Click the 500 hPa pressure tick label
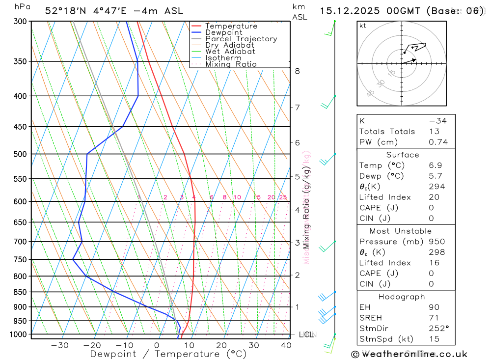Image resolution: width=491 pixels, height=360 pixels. [20, 154]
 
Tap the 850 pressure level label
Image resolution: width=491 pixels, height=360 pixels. [20, 292]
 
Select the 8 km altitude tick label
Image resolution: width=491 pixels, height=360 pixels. [297, 71]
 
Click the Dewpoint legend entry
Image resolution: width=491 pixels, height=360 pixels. [223, 32]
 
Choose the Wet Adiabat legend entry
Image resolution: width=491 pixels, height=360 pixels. [230, 52]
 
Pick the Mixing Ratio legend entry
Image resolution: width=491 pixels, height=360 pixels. [231, 64]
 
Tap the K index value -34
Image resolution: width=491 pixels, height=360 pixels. [437, 121]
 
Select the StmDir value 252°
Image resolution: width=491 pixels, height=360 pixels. [438, 329]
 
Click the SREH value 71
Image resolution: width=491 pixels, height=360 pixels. [434, 318]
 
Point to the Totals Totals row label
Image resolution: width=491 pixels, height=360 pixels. [387, 132]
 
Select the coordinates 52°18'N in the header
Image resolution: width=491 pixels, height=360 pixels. [64, 11]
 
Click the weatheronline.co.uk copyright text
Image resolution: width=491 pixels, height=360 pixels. [409, 354]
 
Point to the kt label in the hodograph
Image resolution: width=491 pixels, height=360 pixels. [363, 26]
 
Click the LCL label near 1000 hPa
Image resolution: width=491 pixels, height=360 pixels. [307, 334]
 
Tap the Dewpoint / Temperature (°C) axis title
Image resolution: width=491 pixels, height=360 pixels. [168, 354]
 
